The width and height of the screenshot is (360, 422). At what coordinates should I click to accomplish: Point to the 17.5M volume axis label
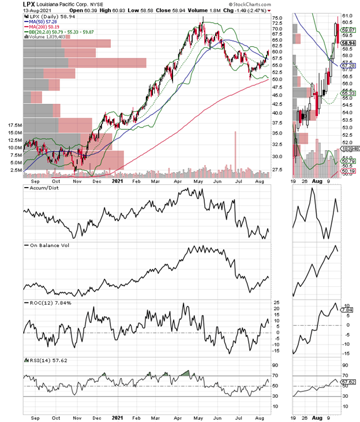13,125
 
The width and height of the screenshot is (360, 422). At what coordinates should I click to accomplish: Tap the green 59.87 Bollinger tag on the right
346,29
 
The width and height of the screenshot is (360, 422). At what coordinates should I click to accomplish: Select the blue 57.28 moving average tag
346,66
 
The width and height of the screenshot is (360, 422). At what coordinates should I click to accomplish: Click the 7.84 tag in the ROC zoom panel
346,310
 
